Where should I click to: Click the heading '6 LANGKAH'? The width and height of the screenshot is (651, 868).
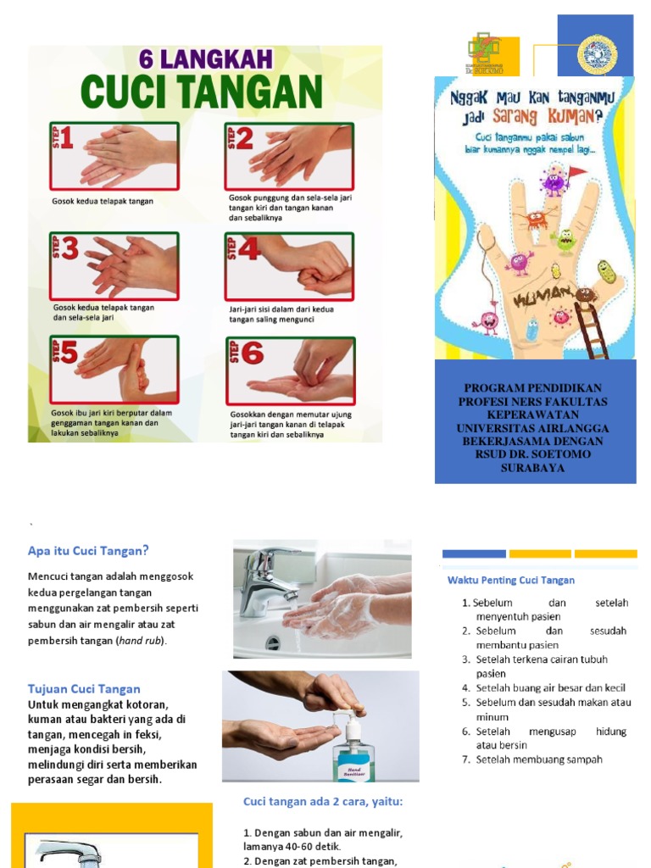pos(206,60)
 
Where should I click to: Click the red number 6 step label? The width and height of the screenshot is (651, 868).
pos(252,353)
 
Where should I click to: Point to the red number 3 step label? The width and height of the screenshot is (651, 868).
pos(70,248)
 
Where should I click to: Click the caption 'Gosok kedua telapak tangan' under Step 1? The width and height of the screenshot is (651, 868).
pos(103,202)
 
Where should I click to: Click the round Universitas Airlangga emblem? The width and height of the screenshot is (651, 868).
pos(597,54)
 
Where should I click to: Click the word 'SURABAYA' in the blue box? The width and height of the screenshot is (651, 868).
pos(532,467)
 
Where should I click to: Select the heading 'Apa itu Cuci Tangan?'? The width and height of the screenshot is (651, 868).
pos(88,550)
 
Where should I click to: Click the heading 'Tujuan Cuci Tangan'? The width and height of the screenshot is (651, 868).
pos(84,688)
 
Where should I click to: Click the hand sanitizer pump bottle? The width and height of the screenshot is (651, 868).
pos(353,746)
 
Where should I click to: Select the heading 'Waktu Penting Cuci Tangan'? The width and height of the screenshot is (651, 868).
pos(511,580)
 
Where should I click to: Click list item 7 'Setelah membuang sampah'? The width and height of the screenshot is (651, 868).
pos(538,759)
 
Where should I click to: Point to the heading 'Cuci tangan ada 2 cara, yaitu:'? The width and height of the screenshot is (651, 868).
pos(323,801)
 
